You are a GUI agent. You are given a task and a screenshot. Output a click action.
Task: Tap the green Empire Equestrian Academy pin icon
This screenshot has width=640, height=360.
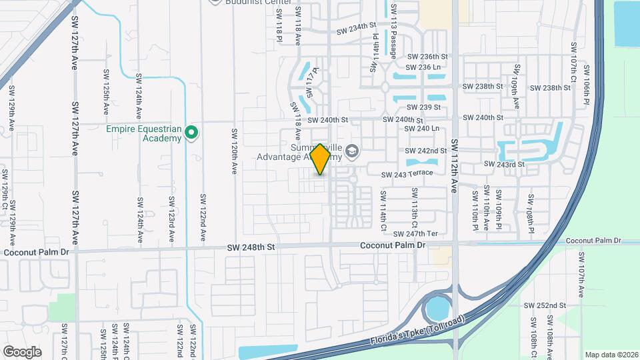click(x=192, y=133)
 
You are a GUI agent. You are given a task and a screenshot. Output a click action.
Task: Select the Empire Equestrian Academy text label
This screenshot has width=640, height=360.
click(x=144, y=133)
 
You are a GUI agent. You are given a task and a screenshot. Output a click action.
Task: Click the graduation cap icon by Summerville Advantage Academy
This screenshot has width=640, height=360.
click(x=352, y=153)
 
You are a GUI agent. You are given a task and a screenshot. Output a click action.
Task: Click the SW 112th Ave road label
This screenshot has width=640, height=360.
click(x=455, y=165)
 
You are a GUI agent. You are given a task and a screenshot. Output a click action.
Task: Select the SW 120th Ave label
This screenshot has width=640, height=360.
click(x=234, y=151)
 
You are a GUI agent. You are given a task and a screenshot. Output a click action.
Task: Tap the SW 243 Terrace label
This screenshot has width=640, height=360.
click(x=407, y=174)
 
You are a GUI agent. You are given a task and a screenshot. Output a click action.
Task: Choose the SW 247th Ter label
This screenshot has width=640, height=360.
click(x=415, y=234)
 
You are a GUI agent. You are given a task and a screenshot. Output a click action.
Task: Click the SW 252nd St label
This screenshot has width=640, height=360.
click(x=545, y=305)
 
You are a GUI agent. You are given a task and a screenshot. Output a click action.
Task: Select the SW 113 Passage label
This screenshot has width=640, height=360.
click(x=394, y=31)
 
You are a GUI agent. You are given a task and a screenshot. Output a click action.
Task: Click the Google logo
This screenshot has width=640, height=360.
click(x=22, y=351)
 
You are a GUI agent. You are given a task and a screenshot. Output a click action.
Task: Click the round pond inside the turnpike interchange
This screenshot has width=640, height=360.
click(x=437, y=308)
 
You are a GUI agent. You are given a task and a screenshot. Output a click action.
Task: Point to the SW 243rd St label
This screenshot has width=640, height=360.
click(x=505, y=164)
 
